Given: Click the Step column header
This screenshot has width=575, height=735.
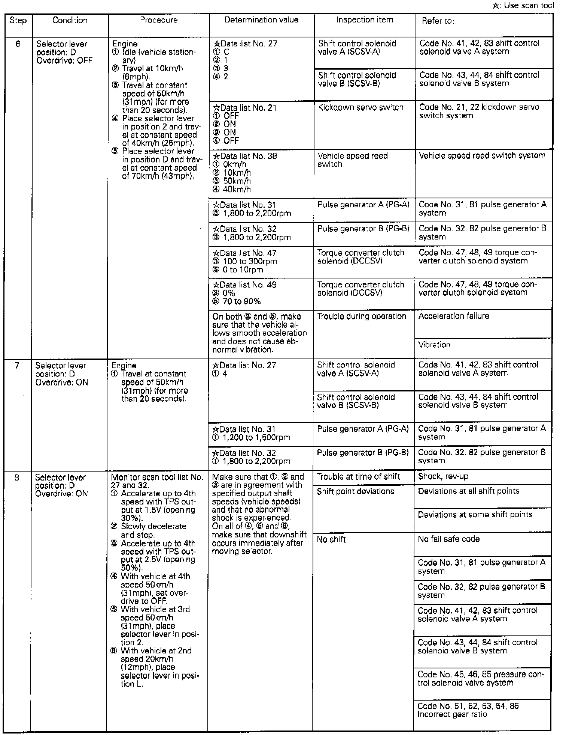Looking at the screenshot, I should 18,21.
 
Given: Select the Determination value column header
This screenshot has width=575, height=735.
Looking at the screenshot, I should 261,20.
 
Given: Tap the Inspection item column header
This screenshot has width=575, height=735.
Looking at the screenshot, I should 364,20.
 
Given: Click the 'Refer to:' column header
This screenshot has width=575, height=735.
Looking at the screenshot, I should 438,21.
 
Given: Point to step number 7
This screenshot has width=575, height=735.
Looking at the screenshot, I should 17,366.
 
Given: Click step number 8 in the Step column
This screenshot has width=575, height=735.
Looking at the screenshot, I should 17,478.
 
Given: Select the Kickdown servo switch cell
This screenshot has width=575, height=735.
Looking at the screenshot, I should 360,108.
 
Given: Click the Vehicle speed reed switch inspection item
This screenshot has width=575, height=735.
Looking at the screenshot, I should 353,160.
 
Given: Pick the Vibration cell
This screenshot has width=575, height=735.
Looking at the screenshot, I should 434,345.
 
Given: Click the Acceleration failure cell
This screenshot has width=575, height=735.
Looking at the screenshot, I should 454,316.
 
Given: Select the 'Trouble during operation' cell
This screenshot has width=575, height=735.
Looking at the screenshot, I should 362,316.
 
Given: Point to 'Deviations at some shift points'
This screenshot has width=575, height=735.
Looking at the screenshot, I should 475,515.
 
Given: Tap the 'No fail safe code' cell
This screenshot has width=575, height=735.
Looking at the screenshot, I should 448,539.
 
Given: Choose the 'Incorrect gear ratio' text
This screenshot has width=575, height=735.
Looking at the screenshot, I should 452,714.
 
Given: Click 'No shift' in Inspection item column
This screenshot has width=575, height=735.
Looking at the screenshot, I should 331,540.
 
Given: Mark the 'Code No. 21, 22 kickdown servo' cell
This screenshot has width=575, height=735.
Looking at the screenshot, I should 479,112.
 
